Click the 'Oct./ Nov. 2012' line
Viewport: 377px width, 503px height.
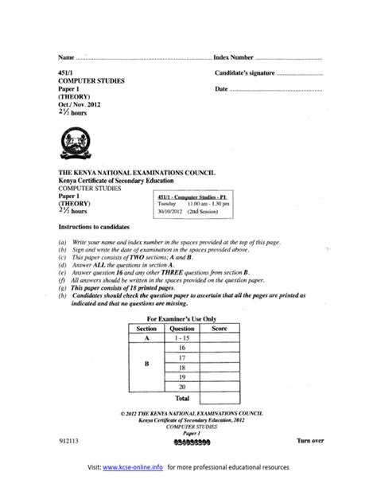coord(80,104)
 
